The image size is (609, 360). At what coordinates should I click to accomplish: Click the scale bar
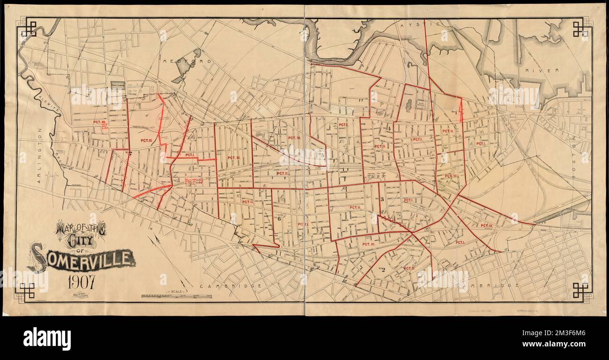coord(176,296)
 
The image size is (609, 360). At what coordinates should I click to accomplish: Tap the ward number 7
coord(130,153)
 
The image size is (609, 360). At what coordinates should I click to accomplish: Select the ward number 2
coord(382,269)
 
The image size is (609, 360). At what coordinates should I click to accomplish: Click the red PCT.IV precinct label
coord(486,225)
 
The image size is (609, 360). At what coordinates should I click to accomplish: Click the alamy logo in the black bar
coord(47,338)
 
